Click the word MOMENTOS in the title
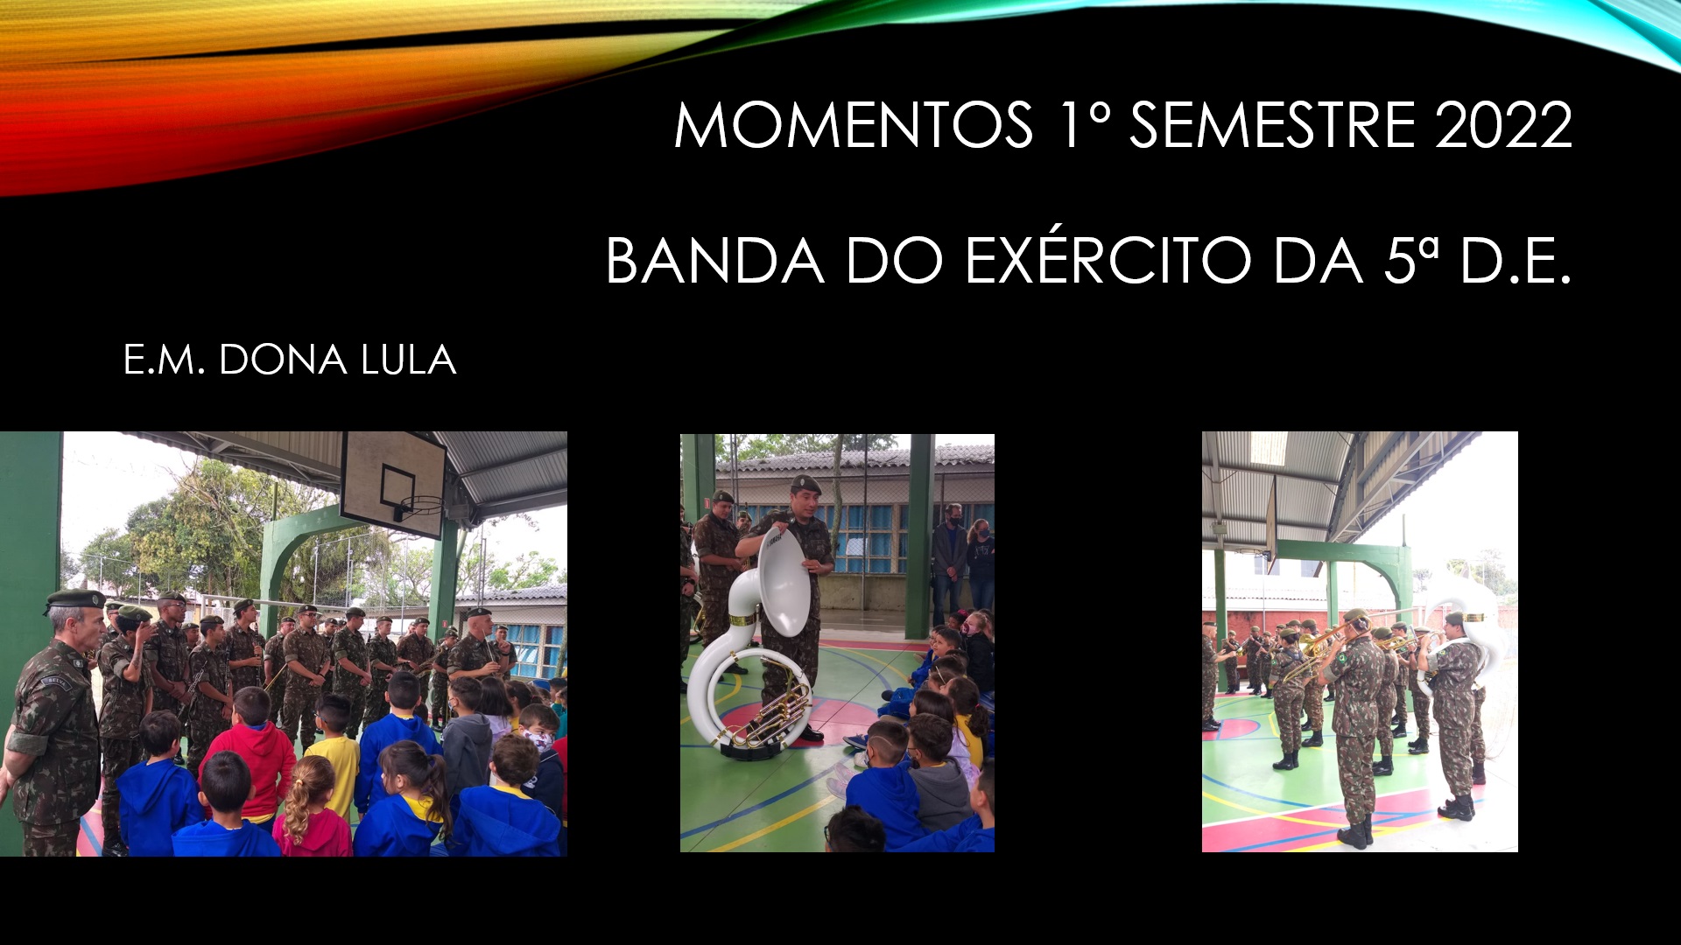(854, 125)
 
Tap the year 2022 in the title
(1503, 125)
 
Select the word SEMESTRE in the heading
(1272, 125)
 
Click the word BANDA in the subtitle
(714, 261)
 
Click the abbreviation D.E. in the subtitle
(1516, 261)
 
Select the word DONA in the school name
(283, 360)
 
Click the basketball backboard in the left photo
(393, 484)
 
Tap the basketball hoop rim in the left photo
(421, 505)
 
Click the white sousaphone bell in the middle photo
(784, 582)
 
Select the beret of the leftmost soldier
(74, 599)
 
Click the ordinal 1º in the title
(1084, 125)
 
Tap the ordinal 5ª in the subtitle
(1410, 261)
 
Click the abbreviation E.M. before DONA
(164, 360)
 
